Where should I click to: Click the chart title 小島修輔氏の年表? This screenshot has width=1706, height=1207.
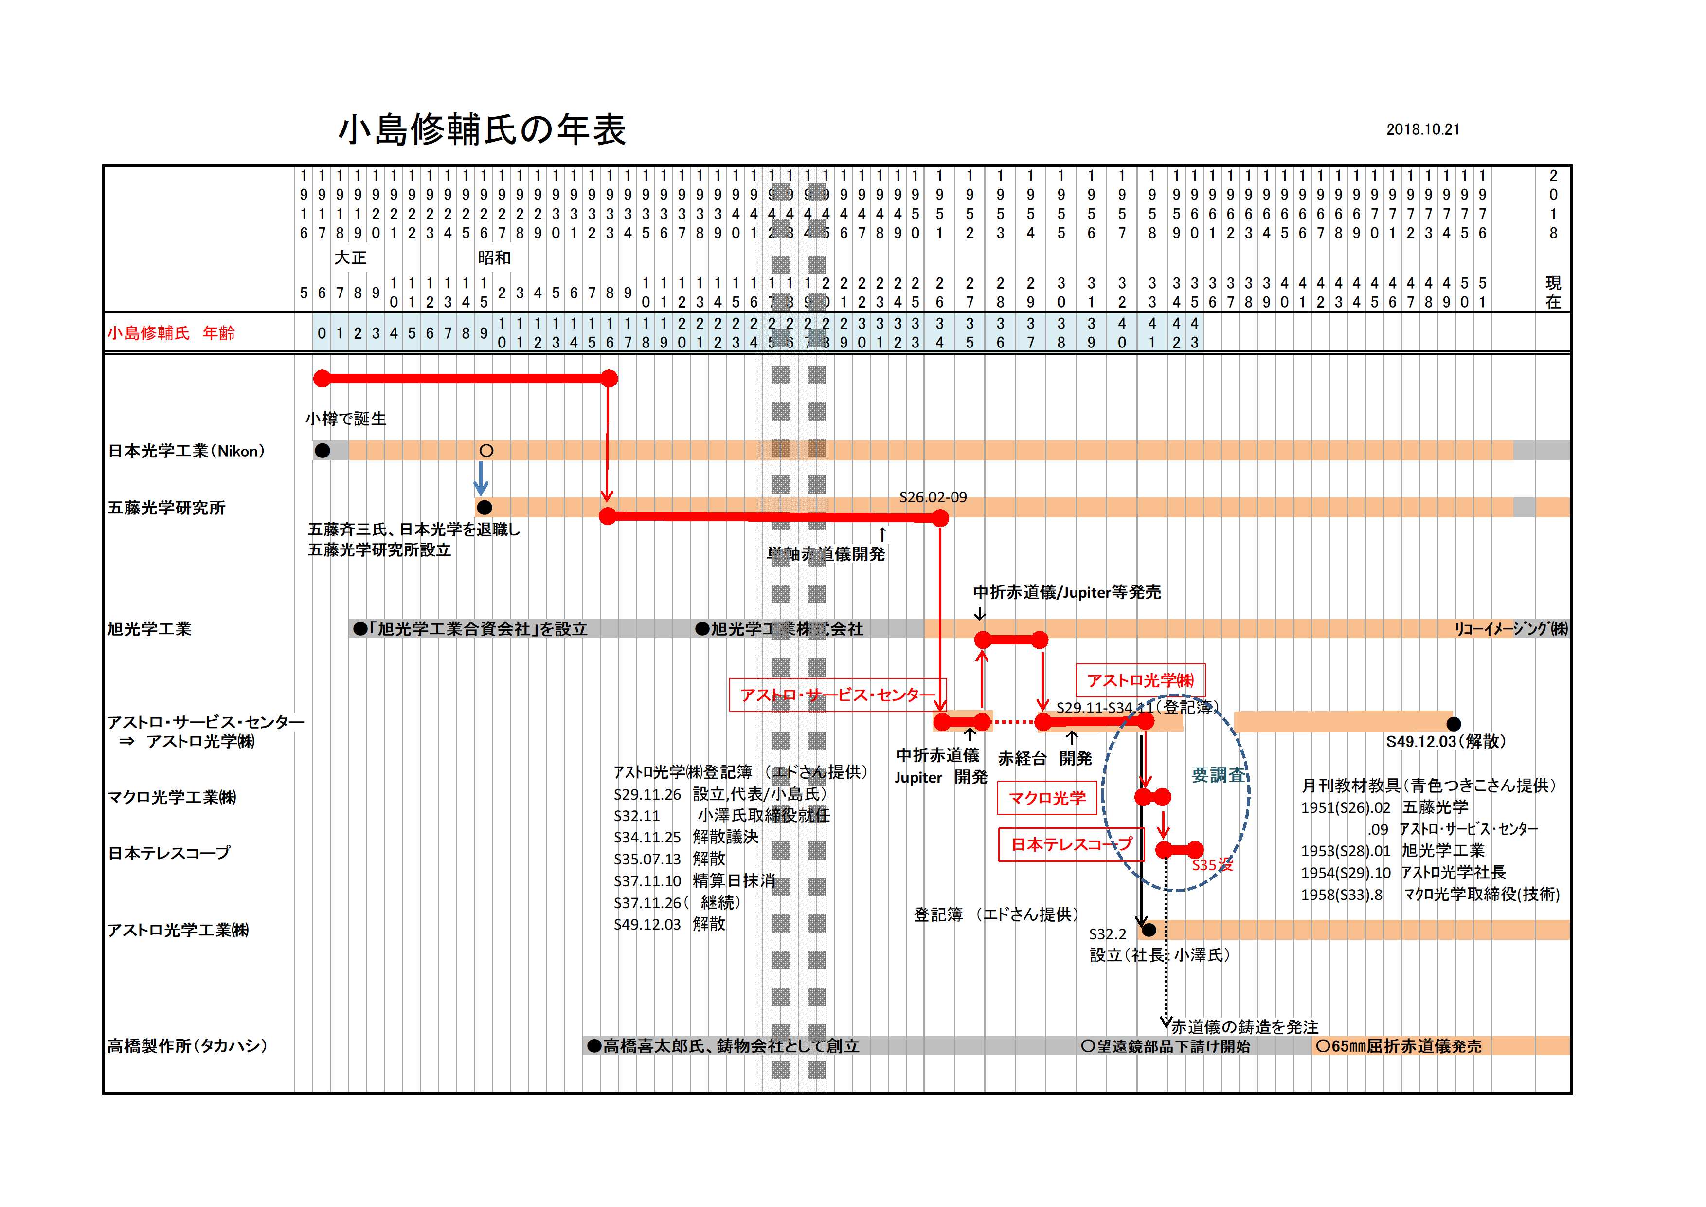click(x=482, y=130)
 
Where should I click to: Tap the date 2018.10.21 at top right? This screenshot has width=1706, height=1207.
click(x=1422, y=129)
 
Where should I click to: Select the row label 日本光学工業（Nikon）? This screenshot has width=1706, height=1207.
click(x=186, y=451)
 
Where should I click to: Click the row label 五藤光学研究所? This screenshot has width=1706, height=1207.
click(x=166, y=509)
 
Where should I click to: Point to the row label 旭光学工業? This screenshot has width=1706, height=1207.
click(x=149, y=629)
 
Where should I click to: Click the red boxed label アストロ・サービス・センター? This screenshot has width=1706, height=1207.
click(x=837, y=695)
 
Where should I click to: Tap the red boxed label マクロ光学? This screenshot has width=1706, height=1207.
click(x=1046, y=798)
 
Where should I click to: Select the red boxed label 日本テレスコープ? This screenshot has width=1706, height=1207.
click(x=1071, y=845)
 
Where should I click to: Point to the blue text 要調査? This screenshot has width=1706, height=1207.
click(x=1218, y=775)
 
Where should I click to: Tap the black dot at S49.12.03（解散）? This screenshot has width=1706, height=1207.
click(x=1454, y=723)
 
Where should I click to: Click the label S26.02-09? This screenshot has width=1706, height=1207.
click(x=933, y=498)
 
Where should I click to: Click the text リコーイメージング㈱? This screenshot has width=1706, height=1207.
click(x=1510, y=629)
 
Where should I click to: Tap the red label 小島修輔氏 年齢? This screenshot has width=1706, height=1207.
click(x=171, y=333)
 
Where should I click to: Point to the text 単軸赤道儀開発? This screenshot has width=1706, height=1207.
click(x=826, y=554)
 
